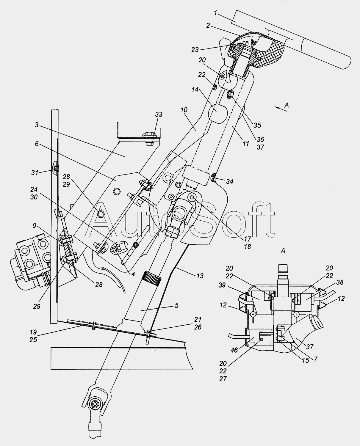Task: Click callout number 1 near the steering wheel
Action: pyautogui.click(x=215, y=13)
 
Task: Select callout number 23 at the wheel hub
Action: pyautogui.click(x=195, y=50)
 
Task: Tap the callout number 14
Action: pyautogui.click(x=195, y=89)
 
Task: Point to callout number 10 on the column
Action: pyautogui.click(x=184, y=110)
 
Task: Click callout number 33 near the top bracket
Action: pyautogui.click(x=159, y=114)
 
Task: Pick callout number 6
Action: pyautogui.click(x=37, y=144)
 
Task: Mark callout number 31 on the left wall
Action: pyautogui.click(x=35, y=172)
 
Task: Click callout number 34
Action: pyautogui.click(x=230, y=181)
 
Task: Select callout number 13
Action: pyautogui.click(x=200, y=276)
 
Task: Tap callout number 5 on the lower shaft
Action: pyautogui.click(x=176, y=305)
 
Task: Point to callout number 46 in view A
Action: pyautogui.click(x=234, y=350)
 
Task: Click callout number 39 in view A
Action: pyautogui.click(x=222, y=285)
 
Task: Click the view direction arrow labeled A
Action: pyautogui.click(x=281, y=109)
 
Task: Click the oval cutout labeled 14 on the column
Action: pyautogui.click(x=217, y=114)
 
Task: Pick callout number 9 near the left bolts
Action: pyautogui.click(x=35, y=226)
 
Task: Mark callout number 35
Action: pyautogui.click(x=257, y=125)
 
